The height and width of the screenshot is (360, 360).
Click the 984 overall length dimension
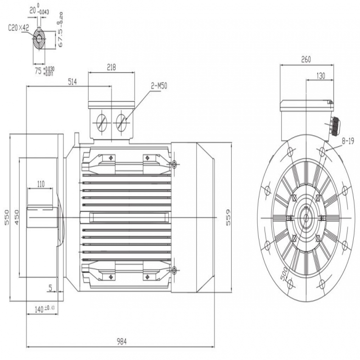point(121,342)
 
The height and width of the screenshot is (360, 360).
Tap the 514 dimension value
point(72,82)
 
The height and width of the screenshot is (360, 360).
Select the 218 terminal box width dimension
point(111,67)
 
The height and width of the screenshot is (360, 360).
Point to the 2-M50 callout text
point(159,86)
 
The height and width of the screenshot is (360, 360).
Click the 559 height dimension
point(228,217)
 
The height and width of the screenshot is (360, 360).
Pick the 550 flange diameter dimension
point(7,217)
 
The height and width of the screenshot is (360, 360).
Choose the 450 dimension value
point(17,217)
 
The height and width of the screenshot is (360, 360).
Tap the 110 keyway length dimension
point(40,184)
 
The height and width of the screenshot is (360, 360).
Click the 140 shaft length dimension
point(45,309)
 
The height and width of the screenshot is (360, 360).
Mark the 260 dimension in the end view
point(306,59)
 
